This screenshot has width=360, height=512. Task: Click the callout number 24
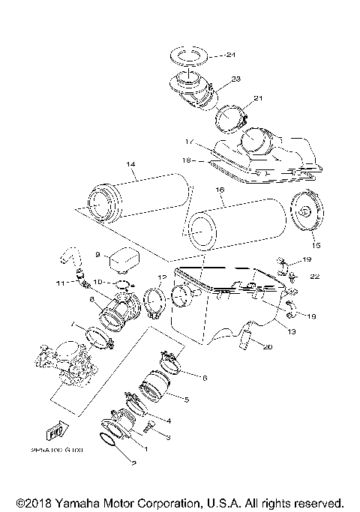click(x=231, y=55)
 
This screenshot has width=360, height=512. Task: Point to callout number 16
click(x=220, y=191)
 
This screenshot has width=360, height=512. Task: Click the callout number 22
click(x=315, y=277)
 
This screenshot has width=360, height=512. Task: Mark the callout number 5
click(x=185, y=400)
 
